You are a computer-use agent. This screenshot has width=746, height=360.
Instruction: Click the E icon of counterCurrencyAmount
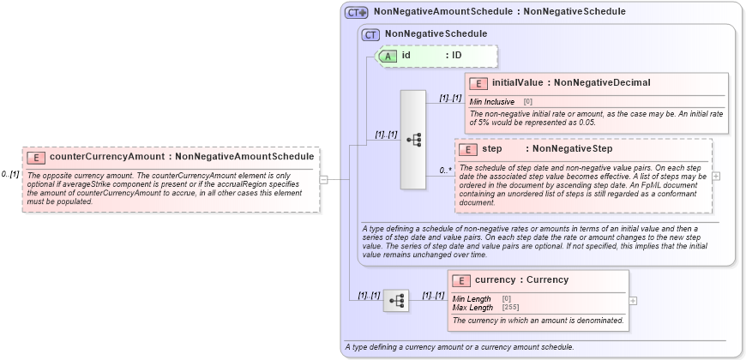point(37,157)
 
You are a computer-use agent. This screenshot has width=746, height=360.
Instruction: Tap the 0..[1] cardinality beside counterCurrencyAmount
point(10,175)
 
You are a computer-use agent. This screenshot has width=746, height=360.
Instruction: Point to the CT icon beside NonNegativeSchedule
point(370,34)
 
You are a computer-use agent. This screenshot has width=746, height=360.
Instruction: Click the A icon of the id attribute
point(388,56)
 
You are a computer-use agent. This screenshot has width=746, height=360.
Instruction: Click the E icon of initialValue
point(478,83)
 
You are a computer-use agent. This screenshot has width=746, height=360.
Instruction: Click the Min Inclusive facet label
point(492,102)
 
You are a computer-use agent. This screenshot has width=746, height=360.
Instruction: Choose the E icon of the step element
point(467,150)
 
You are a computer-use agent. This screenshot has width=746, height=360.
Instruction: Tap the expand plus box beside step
point(716,176)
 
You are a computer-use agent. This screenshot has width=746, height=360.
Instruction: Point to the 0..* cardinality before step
point(446,170)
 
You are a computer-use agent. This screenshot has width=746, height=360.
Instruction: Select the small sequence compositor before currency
point(397,301)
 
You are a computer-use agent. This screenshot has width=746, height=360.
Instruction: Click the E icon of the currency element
point(461,280)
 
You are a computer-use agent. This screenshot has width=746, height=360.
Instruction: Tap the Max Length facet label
point(472,307)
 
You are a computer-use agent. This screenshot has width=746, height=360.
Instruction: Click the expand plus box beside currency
point(633,301)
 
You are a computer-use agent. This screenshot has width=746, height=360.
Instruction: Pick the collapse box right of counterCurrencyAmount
point(323,179)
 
